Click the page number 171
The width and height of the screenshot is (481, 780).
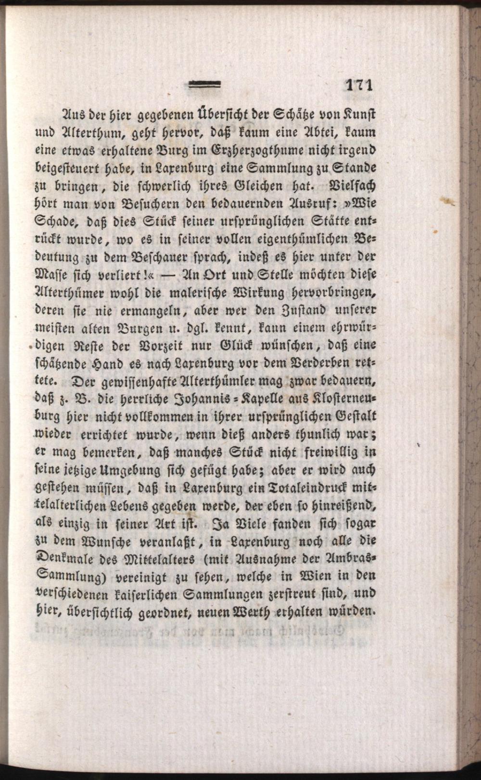(359, 85)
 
